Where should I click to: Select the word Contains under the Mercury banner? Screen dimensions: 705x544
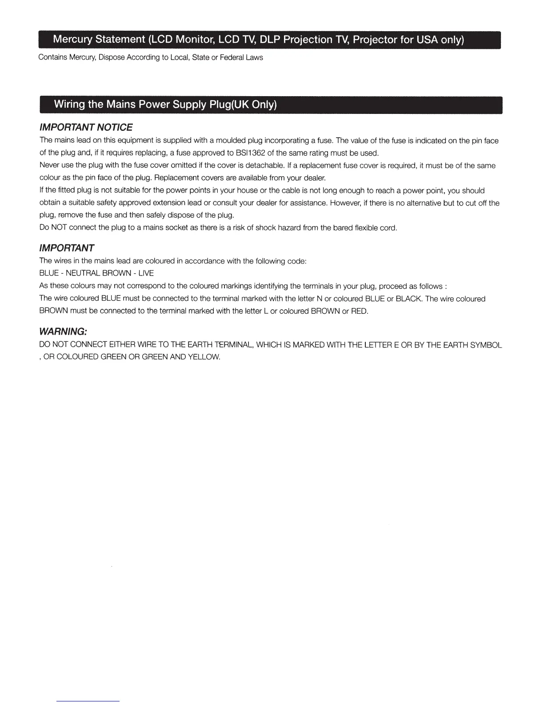[x=53, y=57]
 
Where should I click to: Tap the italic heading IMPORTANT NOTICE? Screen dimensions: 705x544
[x=86, y=127]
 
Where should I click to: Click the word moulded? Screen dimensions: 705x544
[x=230, y=141]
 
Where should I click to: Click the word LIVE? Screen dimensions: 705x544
[x=146, y=273]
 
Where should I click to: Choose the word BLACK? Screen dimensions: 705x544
[x=408, y=299]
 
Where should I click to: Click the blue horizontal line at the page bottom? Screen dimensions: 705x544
[x=88, y=701]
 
